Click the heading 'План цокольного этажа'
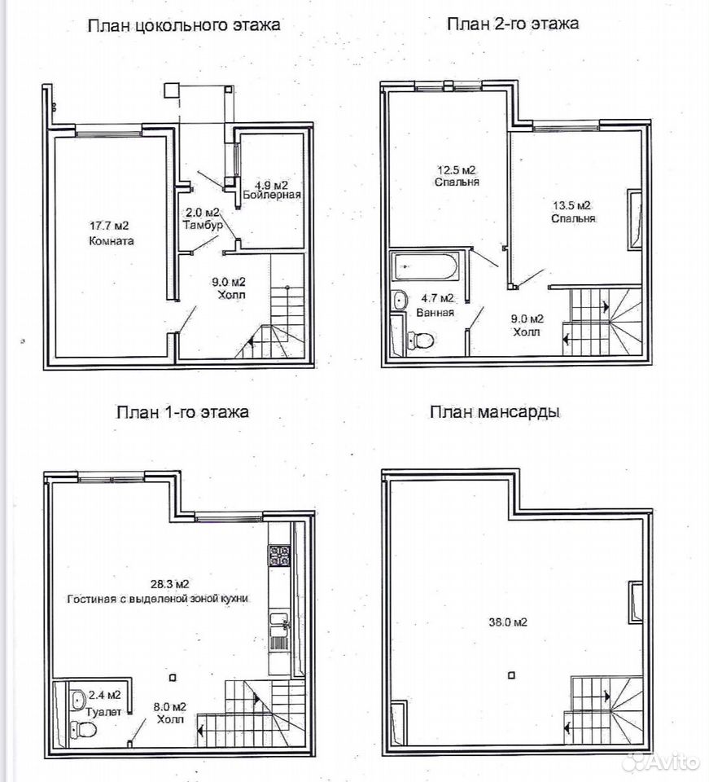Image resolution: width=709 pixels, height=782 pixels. [183, 25]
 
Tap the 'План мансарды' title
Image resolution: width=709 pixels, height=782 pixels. [495, 412]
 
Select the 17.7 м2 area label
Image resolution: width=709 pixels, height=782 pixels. [109, 226]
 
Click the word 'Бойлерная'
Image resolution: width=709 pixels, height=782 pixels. [272, 195]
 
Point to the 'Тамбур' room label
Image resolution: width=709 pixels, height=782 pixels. [203, 225]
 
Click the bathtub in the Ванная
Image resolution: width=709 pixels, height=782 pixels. [425, 267]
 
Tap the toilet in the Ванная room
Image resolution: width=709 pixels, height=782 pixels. [420, 340]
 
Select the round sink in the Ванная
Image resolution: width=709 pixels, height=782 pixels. [400, 301]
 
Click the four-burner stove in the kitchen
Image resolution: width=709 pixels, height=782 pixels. [279, 555]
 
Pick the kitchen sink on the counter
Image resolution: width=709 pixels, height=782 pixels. [279, 631]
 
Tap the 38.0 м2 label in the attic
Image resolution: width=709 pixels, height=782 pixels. [508, 622]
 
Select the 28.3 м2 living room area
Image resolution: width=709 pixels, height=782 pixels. [170, 584]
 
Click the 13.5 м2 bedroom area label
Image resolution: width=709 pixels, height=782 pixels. [572, 205]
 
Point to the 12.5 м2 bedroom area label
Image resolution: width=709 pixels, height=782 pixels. [457, 169]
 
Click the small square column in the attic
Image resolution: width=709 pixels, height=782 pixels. [511, 675]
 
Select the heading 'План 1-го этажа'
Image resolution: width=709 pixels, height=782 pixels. [182, 412]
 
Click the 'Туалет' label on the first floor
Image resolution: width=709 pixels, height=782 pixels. [103, 712]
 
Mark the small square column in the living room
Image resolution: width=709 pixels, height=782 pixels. [173, 677]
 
